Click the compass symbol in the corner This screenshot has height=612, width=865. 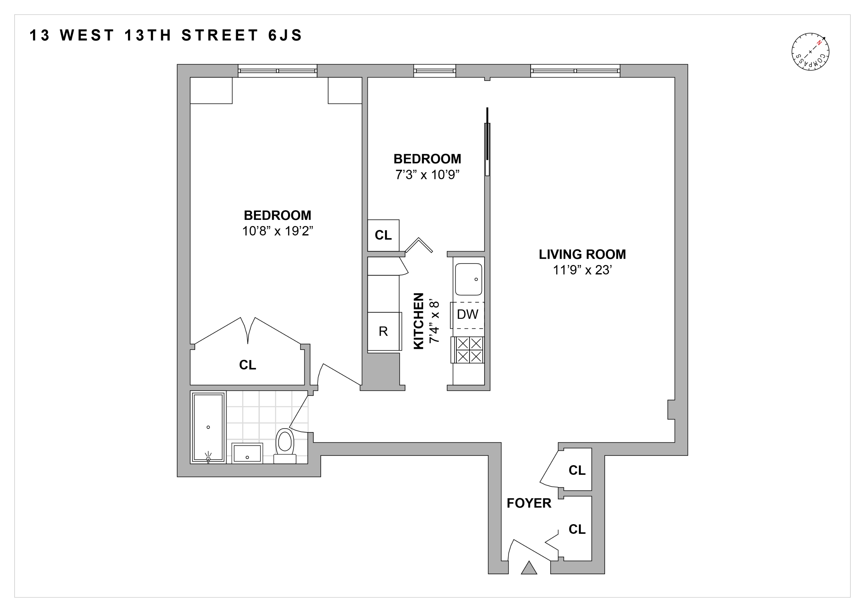[x=810, y=52]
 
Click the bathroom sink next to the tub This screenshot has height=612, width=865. [x=247, y=453]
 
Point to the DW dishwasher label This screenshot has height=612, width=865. [x=468, y=314]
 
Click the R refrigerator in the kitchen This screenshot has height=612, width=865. [x=384, y=331]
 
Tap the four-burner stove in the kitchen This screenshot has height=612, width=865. [x=469, y=350]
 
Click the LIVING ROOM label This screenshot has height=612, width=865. [x=582, y=254]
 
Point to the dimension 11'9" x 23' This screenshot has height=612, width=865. [x=582, y=270]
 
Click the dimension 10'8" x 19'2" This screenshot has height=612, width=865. [x=278, y=231]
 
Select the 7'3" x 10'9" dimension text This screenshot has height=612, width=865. [x=427, y=175]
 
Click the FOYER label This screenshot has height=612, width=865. [x=529, y=503]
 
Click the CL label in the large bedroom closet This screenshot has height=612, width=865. [x=248, y=365]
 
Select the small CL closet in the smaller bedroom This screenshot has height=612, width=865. [x=383, y=235]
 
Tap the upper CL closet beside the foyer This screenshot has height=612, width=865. [x=577, y=470]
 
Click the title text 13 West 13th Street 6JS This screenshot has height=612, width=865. [x=166, y=35]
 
